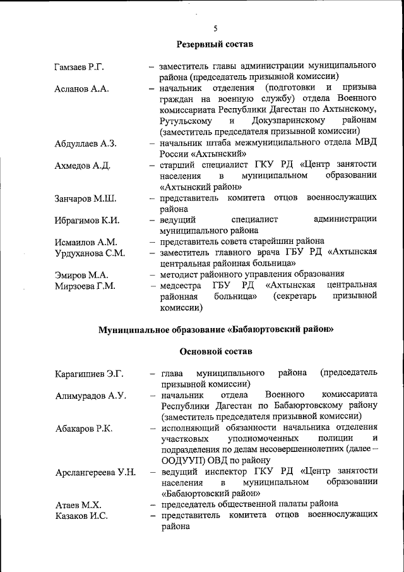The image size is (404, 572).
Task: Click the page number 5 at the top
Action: point(215,28)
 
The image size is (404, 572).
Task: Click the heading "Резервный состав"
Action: point(215,45)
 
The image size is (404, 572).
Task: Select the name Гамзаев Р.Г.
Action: point(82,66)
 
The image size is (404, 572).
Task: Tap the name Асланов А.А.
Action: point(81,88)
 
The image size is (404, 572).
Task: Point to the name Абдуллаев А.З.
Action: point(86,144)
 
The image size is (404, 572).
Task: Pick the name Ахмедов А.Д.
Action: point(83,166)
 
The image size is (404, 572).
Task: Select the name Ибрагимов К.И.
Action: point(87,221)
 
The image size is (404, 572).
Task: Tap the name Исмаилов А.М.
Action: point(86,242)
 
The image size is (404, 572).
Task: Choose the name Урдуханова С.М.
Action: point(90,253)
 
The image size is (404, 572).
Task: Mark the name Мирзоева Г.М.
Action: point(85,287)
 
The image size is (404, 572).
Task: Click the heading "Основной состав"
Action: point(215,351)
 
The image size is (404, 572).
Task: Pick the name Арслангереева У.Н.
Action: point(95,473)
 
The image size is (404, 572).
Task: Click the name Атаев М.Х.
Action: point(78,506)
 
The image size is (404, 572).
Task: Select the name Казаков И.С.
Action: point(81,517)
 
